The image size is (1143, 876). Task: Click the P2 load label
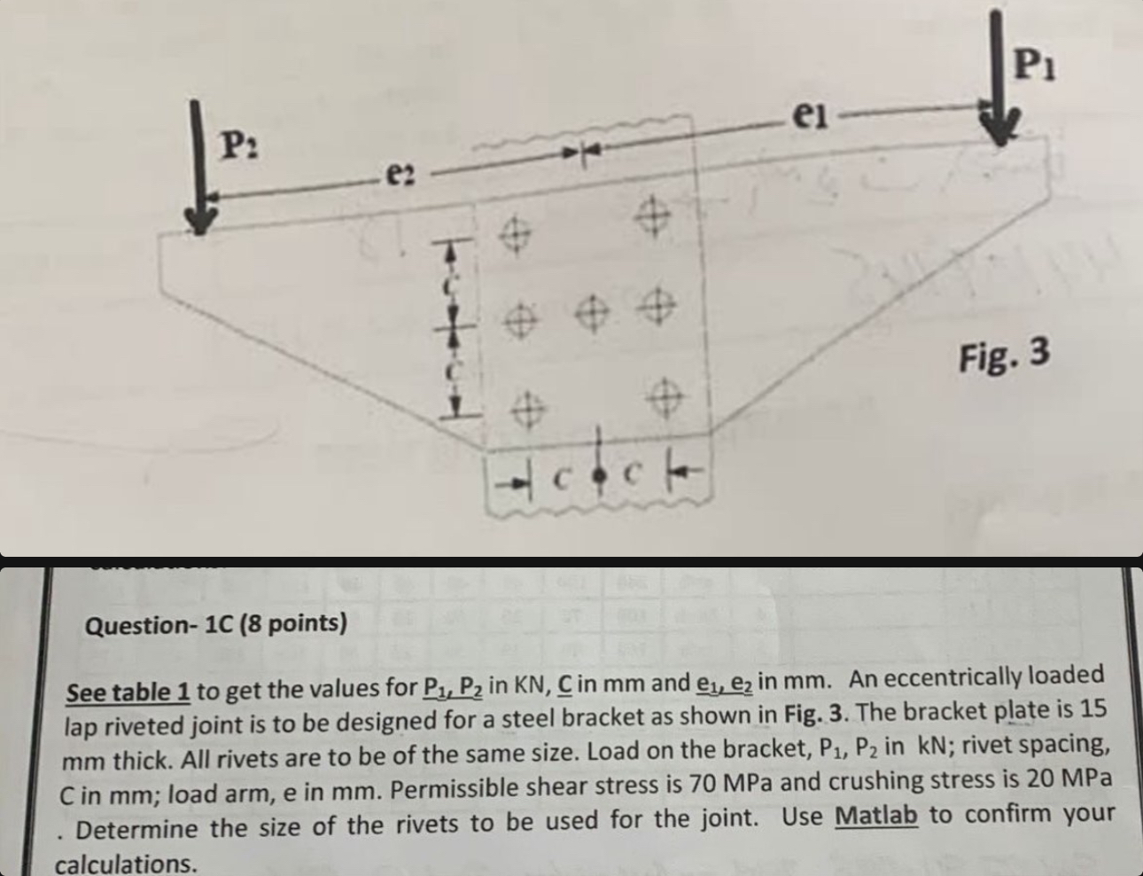pyautogui.click(x=237, y=142)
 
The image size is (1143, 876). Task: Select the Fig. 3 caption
pyautogui.click(x=1004, y=356)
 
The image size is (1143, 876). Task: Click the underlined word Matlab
pyautogui.click(x=876, y=815)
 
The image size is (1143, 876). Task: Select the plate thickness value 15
pyautogui.click(x=1094, y=711)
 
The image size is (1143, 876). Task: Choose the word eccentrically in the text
pyautogui.click(x=947, y=679)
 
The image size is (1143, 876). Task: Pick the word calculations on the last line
pyautogui.click(x=126, y=864)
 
